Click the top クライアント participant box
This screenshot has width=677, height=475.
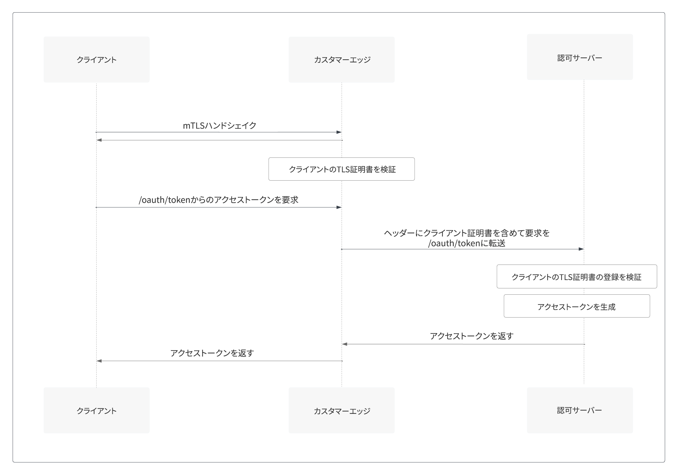click(x=96, y=60)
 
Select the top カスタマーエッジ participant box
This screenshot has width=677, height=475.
click(x=342, y=60)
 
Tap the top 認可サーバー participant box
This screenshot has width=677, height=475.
click(x=580, y=57)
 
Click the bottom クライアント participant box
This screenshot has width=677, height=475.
click(x=96, y=410)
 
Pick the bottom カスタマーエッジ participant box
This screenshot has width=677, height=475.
click(x=342, y=410)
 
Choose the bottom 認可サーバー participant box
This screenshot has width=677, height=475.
click(x=580, y=410)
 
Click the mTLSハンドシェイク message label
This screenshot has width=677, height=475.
click(x=220, y=125)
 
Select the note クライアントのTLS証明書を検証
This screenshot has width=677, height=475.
click(x=342, y=169)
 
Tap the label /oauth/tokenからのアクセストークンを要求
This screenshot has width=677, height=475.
click(x=218, y=200)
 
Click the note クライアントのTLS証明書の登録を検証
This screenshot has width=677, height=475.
click(x=577, y=277)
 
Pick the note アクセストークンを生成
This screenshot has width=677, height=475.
click(x=577, y=306)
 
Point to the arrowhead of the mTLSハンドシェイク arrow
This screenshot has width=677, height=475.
click(x=339, y=132)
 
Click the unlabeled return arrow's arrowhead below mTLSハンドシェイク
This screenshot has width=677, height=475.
click(x=99, y=140)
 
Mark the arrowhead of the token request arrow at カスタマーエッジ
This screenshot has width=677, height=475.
click(x=339, y=207)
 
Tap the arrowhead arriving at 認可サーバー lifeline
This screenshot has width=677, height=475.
click(x=581, y=249)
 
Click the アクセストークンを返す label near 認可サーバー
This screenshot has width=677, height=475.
click(x=471, y=336)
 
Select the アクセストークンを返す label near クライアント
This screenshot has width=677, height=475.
click(x=212, y=353)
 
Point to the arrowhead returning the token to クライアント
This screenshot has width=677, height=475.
click(x=99, y=361)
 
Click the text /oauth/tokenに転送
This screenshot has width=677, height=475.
click(x=467, y=243)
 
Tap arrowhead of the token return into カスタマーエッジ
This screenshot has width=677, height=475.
click(x=345, y=344)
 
